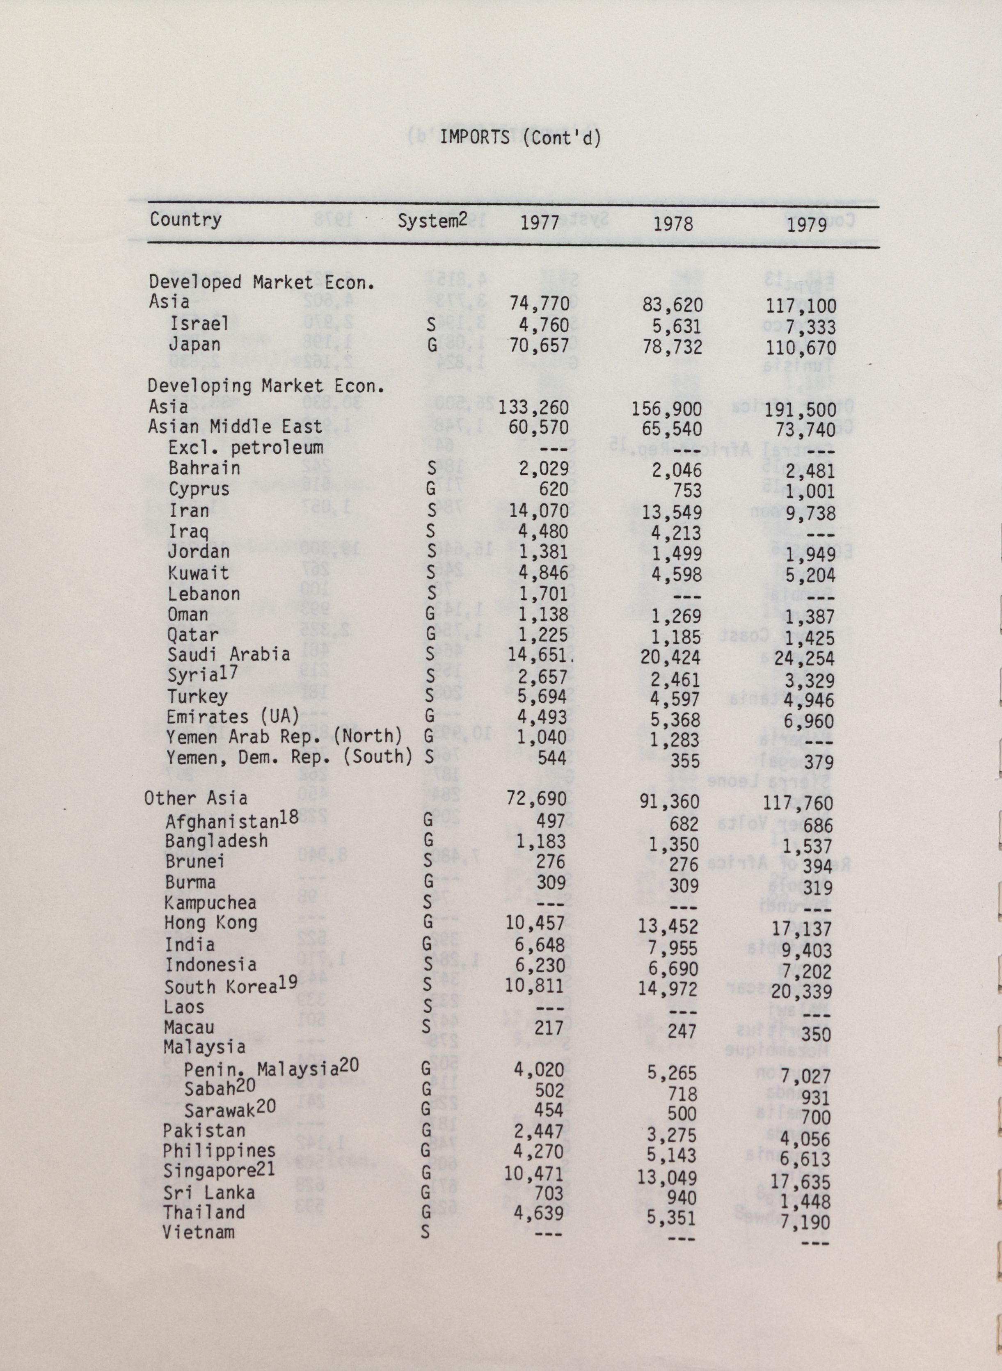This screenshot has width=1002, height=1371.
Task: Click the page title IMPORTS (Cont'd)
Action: [520, 138]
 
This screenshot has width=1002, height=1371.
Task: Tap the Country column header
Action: [185, 219]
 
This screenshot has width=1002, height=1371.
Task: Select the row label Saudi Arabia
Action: [229, 654]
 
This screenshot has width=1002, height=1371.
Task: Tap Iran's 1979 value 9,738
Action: [808, 514]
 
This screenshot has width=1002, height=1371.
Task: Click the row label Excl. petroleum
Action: [246, 448]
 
